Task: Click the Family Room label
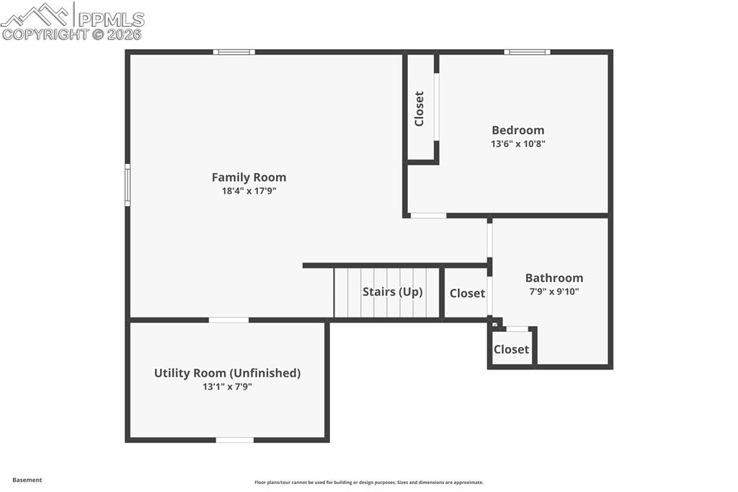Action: (249, 177)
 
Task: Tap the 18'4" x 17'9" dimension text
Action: (249, 191)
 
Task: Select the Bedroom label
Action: (517, 131)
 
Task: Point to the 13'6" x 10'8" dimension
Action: (517, 144)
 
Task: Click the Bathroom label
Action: (553, 278)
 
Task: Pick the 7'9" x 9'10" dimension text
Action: (553, 292)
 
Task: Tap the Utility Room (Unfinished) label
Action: (227, 373)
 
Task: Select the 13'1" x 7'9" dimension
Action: (227, 387)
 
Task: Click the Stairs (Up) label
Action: (392, 292)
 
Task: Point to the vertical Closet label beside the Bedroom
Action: (419, 108)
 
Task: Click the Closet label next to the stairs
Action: (467, 294)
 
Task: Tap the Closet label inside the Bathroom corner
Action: (511, 350)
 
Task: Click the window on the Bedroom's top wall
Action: (527, 52)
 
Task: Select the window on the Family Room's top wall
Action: (234, 52)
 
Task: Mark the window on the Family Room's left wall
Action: (128, 185)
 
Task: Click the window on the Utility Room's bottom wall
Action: (234, 439)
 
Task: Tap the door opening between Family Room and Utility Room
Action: (228, 320)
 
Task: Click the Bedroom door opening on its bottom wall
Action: (428, 215)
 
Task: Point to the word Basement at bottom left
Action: (27, 480)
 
